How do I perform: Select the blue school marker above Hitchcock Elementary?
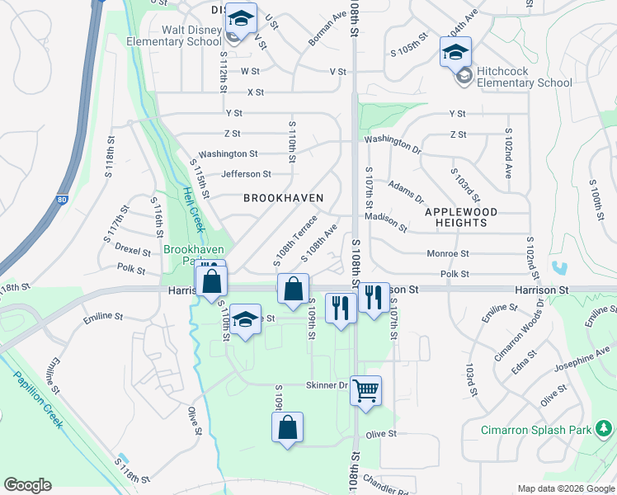[455, 53]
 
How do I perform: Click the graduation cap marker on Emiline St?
[245, 320]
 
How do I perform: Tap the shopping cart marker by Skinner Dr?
[365, 391]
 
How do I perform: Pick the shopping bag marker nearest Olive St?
[287, 427]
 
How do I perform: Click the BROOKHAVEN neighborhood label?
[283, 198]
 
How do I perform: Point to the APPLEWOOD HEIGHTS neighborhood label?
[461, 218]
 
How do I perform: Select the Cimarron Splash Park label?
[538, 431]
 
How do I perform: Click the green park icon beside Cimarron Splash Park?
[605, 430]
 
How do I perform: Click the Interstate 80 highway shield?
[63, 200]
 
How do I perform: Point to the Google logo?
[28, 485]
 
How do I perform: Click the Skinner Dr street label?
[327, 385]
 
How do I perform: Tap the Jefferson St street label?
[246, 174]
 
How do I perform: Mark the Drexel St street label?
[133, 249]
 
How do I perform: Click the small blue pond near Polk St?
[561, 268]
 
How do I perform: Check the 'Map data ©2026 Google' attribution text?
[565, 488]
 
